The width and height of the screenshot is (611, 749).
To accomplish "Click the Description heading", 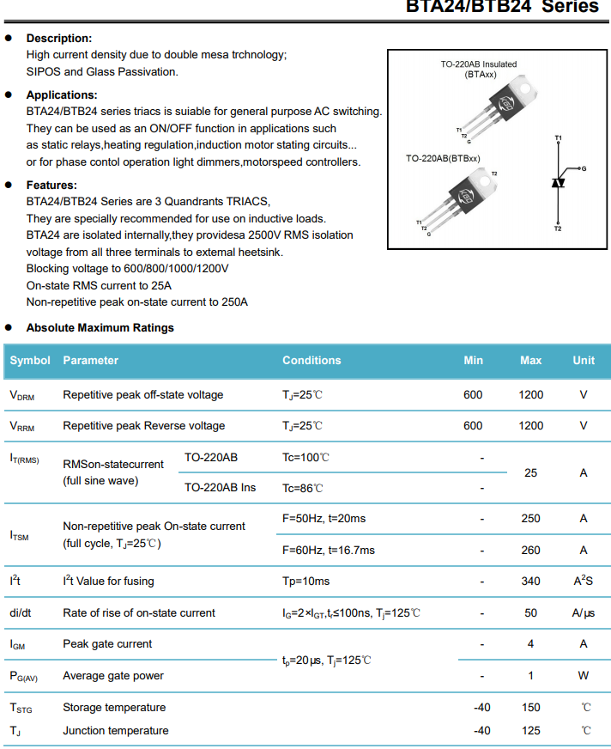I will [x=58, y=38].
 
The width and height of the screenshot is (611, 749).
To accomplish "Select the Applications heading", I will [x=62, y=95].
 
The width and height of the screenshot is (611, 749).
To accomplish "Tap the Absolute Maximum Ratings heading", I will [x=100, y=327].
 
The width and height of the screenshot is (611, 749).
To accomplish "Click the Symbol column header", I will [x=30, y=361].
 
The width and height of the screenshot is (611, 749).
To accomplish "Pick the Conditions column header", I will [x=312, y=361].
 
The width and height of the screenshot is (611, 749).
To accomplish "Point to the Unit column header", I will [x=584, y=361].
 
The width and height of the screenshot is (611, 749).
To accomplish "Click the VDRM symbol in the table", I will [x=22, y=395].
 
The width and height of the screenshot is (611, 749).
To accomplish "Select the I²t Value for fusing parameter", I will [x=108, y=582].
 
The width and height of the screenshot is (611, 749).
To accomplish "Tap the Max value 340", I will [x=530, y=582].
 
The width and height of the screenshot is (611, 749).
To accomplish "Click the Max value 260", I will [x=530, y=550].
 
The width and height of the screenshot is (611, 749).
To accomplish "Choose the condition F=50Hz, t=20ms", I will [x=324, y=518].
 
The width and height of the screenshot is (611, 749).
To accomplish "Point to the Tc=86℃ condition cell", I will [x=303, y=488].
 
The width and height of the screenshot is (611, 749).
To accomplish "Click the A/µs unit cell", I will [x=584, y=613].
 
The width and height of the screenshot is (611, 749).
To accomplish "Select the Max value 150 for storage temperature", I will [x=530, y=708].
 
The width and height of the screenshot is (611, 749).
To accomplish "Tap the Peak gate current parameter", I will [x=107, y=644].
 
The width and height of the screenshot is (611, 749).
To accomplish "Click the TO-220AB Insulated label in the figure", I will [x=479, y=64].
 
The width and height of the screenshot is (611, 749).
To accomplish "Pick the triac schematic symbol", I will [x=558, y=183].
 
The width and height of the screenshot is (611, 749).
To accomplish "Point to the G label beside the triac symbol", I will [x=584, y=168].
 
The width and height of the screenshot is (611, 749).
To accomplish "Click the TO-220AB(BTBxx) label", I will [x=443, y=159].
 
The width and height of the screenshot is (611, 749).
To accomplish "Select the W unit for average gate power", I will [x=584, y=676].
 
